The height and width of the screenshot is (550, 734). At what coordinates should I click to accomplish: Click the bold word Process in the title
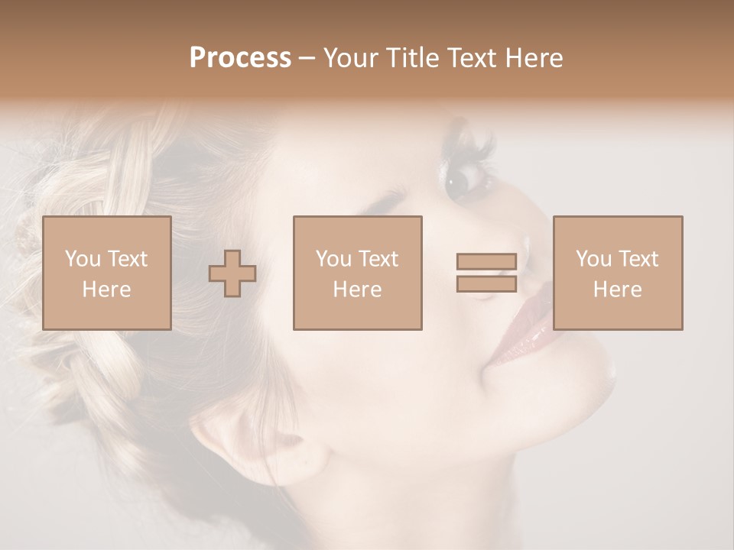(x=240, y=58)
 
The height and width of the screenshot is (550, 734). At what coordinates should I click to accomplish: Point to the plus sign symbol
(x=232, y=273)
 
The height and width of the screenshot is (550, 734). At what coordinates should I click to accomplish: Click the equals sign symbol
(x=486, y=273)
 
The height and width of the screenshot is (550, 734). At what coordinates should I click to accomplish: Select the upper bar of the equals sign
(x=486, y=262)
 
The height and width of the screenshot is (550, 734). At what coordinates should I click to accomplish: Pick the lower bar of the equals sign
(x=486, y=283)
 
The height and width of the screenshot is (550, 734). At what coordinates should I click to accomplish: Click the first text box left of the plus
(x=106, y=273)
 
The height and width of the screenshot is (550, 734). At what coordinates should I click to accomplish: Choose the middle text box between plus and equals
(x=357, y=273)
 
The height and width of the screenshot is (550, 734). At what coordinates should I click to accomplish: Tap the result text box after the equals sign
(x=617, y=273)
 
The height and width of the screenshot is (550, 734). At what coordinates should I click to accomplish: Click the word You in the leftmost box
(x=83, y=259)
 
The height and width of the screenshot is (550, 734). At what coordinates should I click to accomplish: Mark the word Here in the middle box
(x=357, y=290)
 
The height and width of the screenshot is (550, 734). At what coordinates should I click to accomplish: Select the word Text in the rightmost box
(x=638, y=259)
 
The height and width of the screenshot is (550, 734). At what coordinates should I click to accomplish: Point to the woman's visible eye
(x=460, y=182)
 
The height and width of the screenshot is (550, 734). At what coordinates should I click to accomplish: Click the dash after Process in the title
(x=307, y=58)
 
